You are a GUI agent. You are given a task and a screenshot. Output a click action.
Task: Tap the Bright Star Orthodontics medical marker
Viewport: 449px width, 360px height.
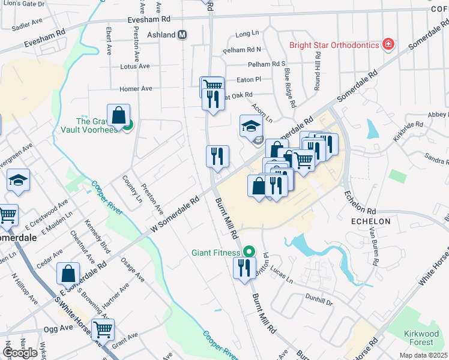click(x=388, y=45)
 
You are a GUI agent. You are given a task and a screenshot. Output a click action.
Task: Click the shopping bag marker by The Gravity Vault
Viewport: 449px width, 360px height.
click(x=119, y=116)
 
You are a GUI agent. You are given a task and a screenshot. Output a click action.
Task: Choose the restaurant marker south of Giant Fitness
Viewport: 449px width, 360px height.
click(x=244, y=268)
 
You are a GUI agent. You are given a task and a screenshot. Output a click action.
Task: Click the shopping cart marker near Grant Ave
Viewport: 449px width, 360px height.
click(x=103, y=330)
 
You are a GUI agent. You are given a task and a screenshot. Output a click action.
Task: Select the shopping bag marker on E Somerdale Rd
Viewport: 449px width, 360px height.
click(x=68, y=274)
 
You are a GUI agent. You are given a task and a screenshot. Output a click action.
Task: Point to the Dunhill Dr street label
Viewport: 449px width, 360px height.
click(x=318, y=304)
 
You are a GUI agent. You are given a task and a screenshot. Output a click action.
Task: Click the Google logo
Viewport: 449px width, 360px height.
click(x=20, y=352)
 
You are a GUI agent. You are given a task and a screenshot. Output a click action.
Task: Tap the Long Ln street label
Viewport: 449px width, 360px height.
click(x=246, y=34)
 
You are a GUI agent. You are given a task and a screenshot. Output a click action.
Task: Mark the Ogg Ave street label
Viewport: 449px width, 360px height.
click(x=58, y=329)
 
